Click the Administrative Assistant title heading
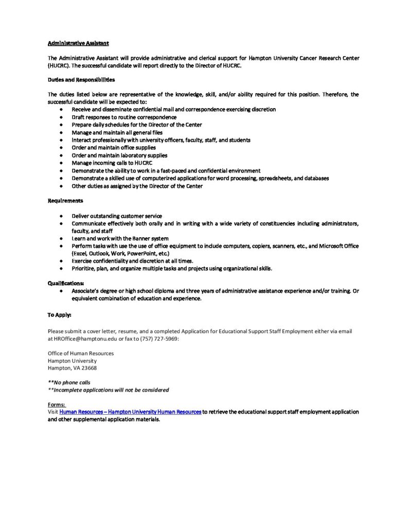tap(78, 43)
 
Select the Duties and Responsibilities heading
tap(81, 80)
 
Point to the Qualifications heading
tap(66, 283)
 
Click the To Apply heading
tap(60, 314)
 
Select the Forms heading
tap(57, 405)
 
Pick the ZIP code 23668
tap(89, 368)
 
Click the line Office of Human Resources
tap(81, 353)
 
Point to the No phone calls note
tap(69, 383)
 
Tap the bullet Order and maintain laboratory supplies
tap(119, 155)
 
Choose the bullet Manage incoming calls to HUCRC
tap(109, 163)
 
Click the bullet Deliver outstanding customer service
tap(117, 216)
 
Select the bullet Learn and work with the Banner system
tap(120, 239)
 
